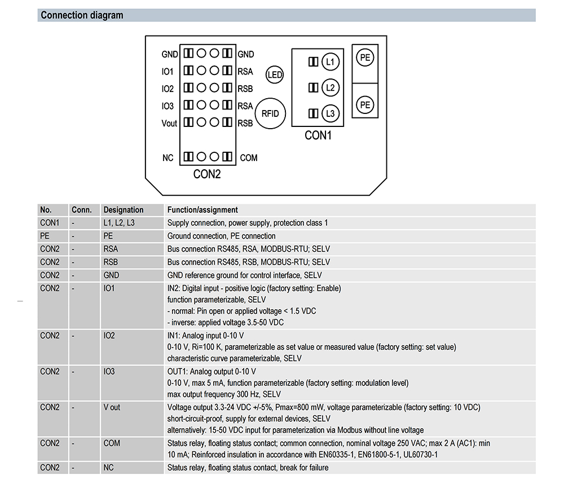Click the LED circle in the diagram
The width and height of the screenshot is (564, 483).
tap(275, 74)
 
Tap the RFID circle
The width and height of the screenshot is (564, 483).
tap(271, 113)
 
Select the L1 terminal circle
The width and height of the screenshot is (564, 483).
tap(330, 62)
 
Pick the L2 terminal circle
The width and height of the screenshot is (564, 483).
tap(330, 87)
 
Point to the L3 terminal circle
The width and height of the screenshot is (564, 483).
tap(330, 114)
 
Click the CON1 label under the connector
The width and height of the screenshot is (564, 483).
tap(318, 135)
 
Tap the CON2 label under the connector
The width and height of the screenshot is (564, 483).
tap(207, 174)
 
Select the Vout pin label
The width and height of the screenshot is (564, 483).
tap(169, 124)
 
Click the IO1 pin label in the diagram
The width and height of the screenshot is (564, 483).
tap(168, 72)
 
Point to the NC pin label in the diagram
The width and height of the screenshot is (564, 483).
tap(168, 158)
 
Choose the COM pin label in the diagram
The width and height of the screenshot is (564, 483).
tap(249, 158)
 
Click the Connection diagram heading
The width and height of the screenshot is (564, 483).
tap(82, 15)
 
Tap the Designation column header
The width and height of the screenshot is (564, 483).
tap(124, 210)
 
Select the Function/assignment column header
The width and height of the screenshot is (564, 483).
tap(202, 210)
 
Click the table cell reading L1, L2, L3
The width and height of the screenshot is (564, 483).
tap(119, 223)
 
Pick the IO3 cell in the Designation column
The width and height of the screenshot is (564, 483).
tap(109, 371)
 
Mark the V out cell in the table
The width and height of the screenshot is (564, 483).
tap(112, 407)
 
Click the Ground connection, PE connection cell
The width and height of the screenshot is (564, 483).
tap(222, 236)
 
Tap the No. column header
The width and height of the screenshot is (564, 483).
tap(46, 210)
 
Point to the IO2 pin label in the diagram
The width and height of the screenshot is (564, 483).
tap(168, 89)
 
